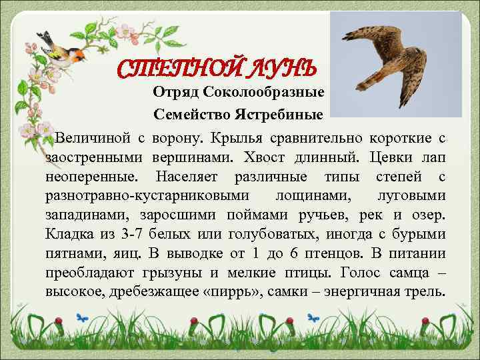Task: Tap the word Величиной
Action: click(91, 138)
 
